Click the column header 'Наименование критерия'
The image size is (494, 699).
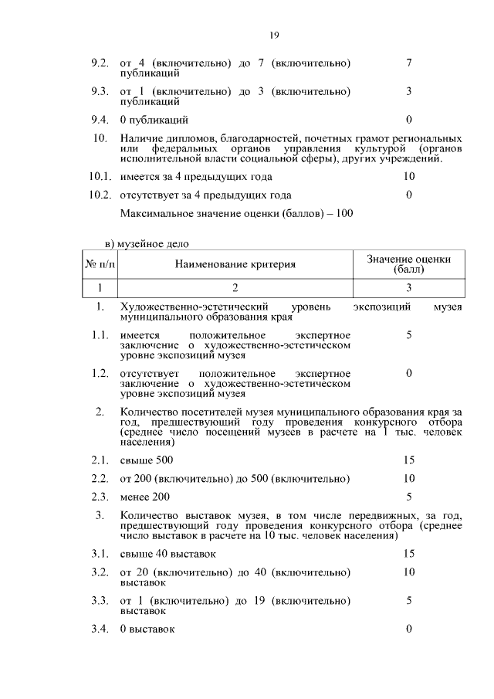[x=235, y=265]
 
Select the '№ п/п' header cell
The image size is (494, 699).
[x=100, y=265]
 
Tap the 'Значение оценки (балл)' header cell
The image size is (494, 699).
[x=408, y=265]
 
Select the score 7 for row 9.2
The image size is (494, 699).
[x=408, y=63]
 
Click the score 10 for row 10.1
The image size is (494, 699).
[x=408, y=177]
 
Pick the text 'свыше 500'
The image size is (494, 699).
[x=141, y=460]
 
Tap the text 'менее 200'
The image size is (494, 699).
[x=145, y=497]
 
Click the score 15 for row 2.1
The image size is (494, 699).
[x=408, y=460]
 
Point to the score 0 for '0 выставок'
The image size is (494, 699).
[x=408, y=629]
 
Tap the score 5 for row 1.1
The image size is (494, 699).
[x=408, y=335]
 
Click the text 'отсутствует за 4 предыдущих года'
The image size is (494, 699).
[x=206, y=195]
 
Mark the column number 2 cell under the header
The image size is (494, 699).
[x=235, y=288]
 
